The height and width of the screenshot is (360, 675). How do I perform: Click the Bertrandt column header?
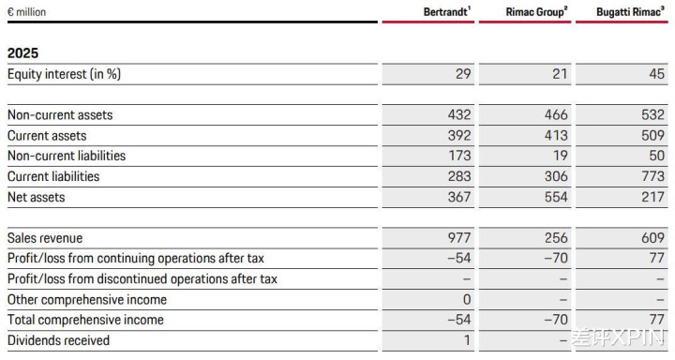[x=447, y=11]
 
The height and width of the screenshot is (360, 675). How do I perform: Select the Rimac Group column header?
[x=536, y=12]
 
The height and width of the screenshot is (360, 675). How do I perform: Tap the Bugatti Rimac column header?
[x=630, y=12]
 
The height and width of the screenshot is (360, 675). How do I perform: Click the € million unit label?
[x=26, y=12]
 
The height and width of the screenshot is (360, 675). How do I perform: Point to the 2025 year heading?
[x=22, y=52]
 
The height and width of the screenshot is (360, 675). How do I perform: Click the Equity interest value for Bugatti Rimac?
[x=656, y=74]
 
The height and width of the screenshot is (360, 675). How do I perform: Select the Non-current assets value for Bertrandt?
[x=459, y=115]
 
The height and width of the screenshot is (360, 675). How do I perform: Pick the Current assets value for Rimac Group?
[x=556, y=136]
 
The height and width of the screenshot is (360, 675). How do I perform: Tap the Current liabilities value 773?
[x=653, y=176]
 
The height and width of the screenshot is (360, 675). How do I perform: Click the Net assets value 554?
[x=556, y=197]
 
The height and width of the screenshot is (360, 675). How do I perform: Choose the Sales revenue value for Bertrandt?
[x=459, y=238]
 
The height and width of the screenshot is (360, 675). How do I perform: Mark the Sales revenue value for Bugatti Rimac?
[x=653, y=238]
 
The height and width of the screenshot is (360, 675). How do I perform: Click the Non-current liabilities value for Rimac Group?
[x=560, y=156]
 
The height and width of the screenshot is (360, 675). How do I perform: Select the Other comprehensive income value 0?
[x=467, y=299]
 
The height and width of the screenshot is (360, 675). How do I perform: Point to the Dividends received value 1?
[x=467, y=340]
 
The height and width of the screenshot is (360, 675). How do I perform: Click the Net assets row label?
[x=37, y=197]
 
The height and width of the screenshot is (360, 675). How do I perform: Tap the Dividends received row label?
[x=58, y=340]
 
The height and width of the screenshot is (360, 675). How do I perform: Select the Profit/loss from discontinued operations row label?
[x=142, y=279]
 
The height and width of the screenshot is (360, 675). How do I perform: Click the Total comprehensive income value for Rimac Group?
[x=556, y=320]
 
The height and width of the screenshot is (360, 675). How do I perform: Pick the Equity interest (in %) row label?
[x=64, y=74]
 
